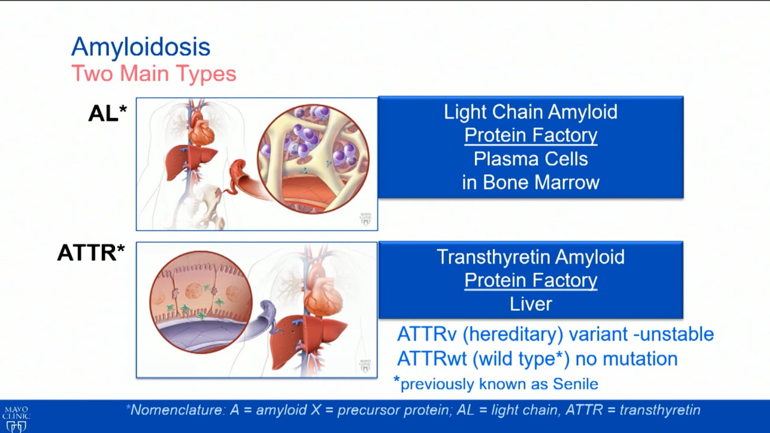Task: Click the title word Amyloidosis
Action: [140, 47]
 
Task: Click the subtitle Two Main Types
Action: [153, 74]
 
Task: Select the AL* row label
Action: [108, 113]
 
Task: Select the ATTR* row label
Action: [91, 253]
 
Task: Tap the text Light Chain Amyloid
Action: [530, 112]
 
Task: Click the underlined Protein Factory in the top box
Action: [530, 135]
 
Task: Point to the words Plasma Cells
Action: [530, 159]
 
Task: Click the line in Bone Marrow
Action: [530, 182]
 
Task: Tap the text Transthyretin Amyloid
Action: [530, 256]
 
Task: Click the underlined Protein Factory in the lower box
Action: [530, 280]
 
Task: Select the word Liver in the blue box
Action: [530, 304]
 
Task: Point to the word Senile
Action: [575, 384]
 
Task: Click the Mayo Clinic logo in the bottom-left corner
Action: [16, 418]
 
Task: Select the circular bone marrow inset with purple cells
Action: [313, 158]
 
